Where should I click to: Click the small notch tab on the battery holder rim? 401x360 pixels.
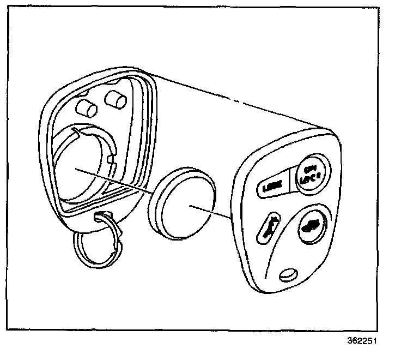pyautogui.click(x=111, y=159)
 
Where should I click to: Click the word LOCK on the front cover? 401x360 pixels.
pyautogui.click(x=270, y=187)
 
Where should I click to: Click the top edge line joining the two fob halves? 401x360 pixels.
pyautogui.click(x=234, y=98)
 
